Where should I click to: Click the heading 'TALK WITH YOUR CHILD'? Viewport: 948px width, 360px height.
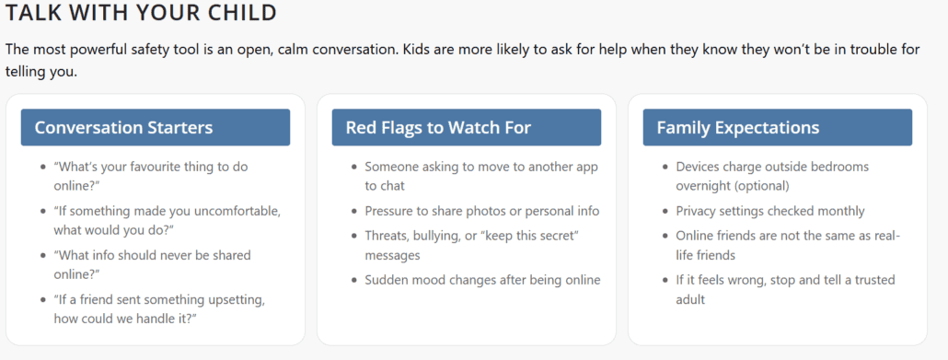pyautogui.click(x=141, y=14)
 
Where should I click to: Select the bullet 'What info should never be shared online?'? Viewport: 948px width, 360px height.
pyautogui.click(x=152, y=264)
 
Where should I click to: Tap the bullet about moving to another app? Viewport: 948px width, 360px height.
pyautogui.click(x=480, y=176)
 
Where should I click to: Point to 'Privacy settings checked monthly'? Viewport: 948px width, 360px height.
pyautogui.click(x=770, y=211)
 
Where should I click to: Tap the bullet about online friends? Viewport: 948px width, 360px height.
pyautogui.click(x=787, y=245)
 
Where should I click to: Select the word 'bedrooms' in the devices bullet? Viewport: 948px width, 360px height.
pyautogui.click(x=832, y=167)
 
